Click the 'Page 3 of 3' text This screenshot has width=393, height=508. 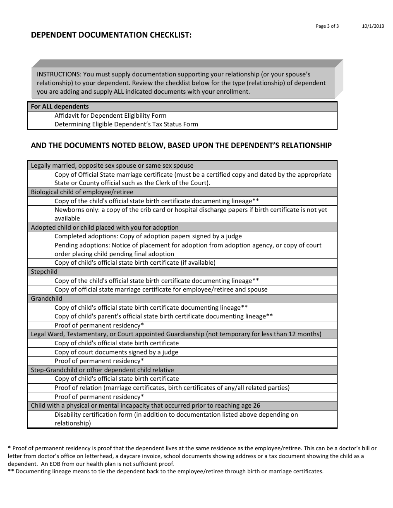coord(327,26)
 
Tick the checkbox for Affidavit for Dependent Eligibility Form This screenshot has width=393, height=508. coord(39,116)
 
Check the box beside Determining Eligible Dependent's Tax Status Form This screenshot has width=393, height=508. coord(39,124)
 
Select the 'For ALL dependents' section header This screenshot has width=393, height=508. coord(60,107)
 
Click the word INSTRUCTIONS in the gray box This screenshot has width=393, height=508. coord(59,74)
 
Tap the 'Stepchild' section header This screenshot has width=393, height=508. coord(44,272)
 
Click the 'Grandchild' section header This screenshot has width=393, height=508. coord(47,299)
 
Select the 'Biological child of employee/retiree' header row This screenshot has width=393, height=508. coord(82,192)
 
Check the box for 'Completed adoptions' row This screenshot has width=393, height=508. coord(39,236)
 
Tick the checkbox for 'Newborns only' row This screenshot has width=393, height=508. coord(39,214)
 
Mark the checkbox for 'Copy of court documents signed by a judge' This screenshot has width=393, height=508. coord(39,352)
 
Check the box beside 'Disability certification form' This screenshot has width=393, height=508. coord(39,419)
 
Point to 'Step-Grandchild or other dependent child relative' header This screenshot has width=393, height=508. coord(102,370)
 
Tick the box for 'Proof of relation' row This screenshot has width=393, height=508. coord(39,388)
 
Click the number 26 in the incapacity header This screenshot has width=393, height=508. coord(256,406)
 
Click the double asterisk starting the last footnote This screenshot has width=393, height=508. coord(11,471)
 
